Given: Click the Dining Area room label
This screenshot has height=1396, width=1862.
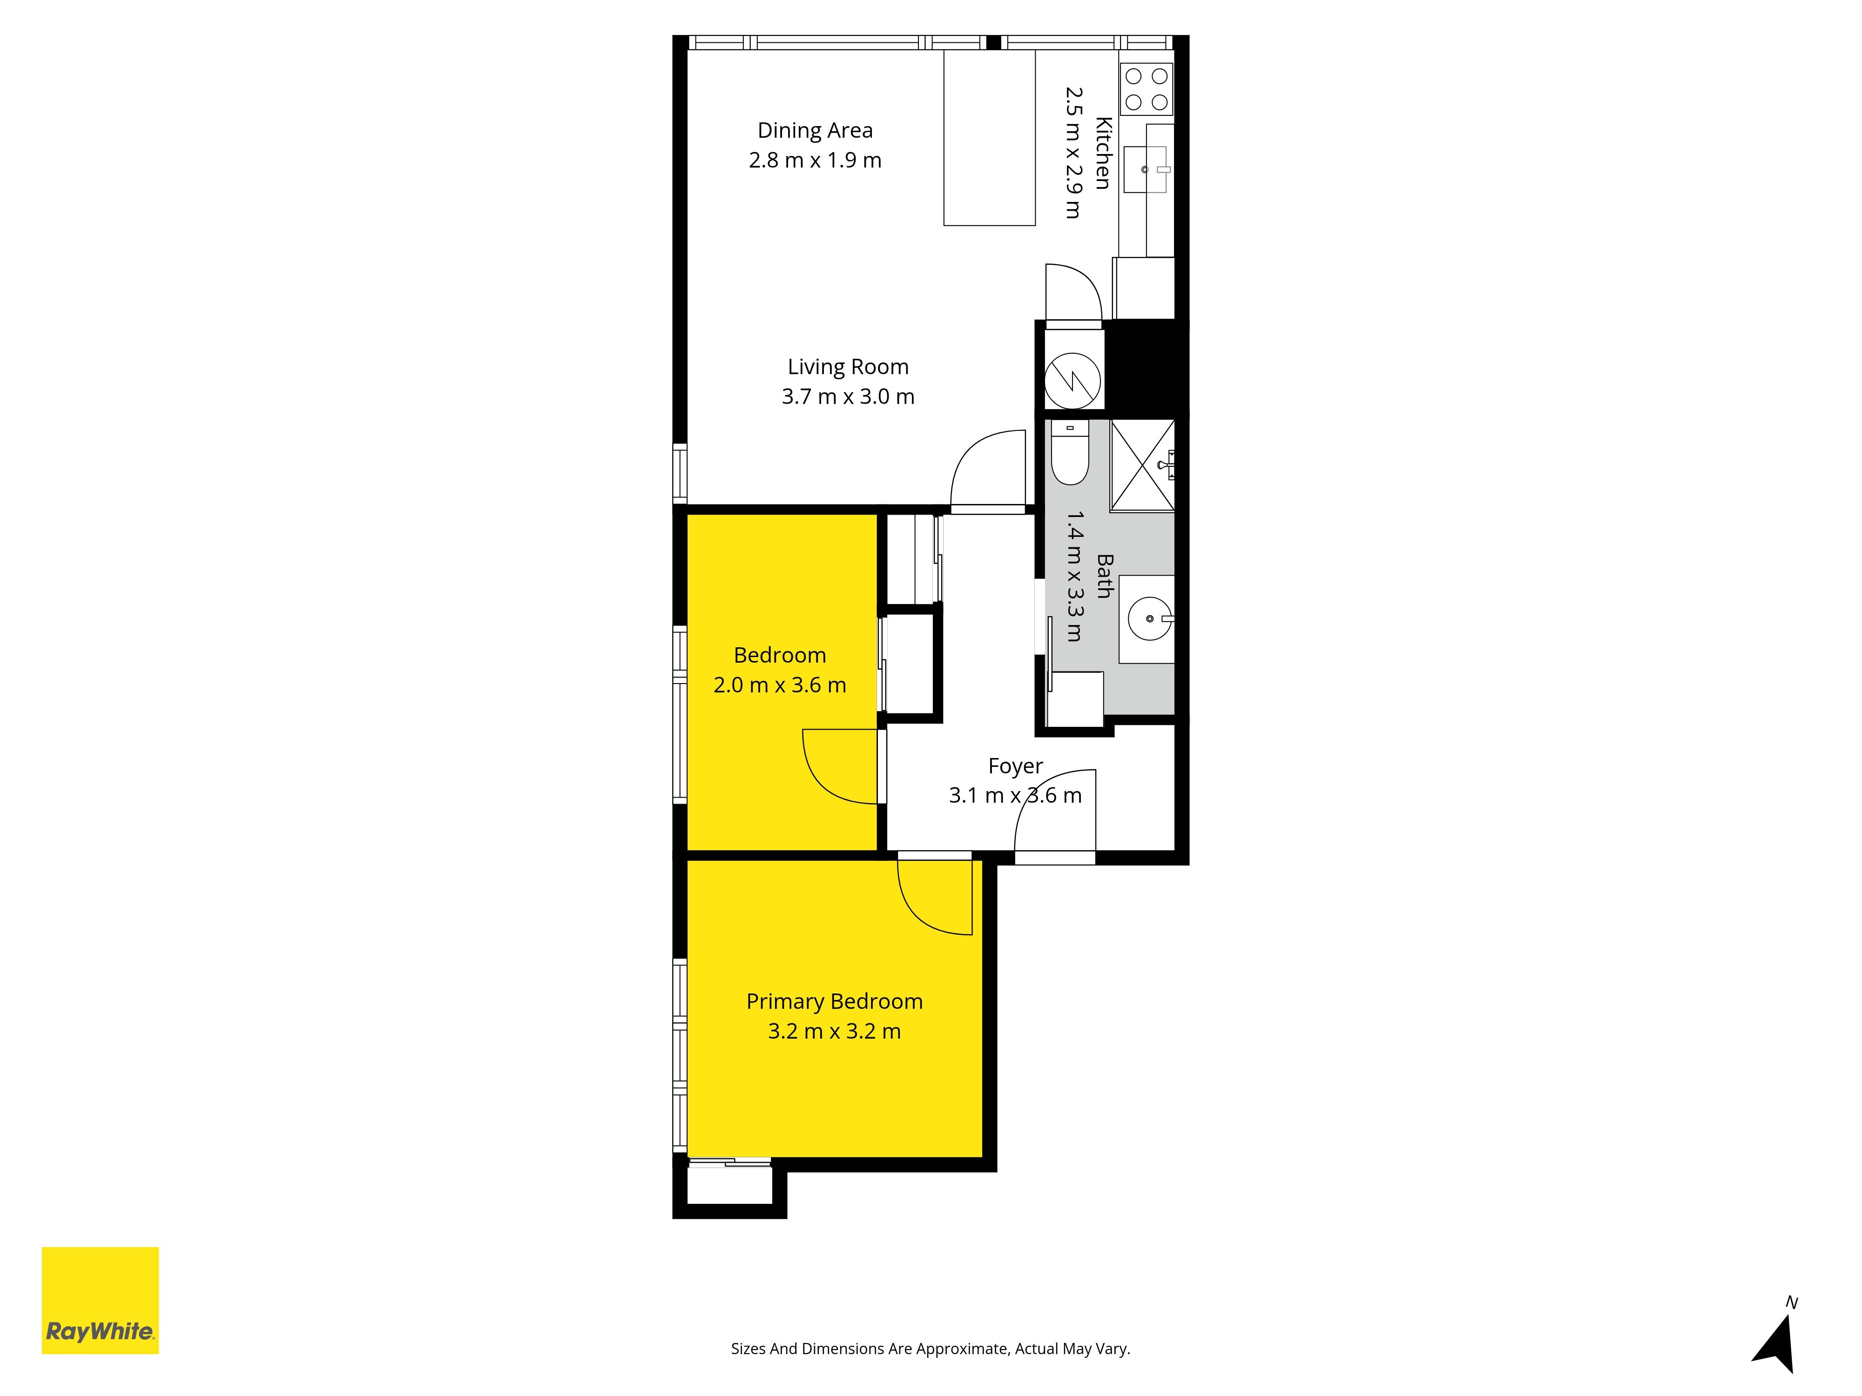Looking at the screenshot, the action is tap(815, 130).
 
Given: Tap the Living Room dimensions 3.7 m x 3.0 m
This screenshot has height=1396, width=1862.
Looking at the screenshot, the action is tap(848, 396).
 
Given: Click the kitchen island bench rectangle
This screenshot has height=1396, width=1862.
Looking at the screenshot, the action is tap(989, 138).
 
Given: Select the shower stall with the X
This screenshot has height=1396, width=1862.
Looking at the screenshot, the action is tap(1142, 465).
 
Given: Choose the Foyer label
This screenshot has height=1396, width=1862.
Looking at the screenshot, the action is tap(1015, 766).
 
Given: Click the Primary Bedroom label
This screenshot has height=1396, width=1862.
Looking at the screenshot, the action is tap(834, 1001).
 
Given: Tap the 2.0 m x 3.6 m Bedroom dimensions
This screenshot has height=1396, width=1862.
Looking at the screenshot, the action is tap(780, 685).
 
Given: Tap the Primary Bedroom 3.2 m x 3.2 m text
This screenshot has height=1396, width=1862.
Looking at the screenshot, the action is tap(834, 1032).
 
